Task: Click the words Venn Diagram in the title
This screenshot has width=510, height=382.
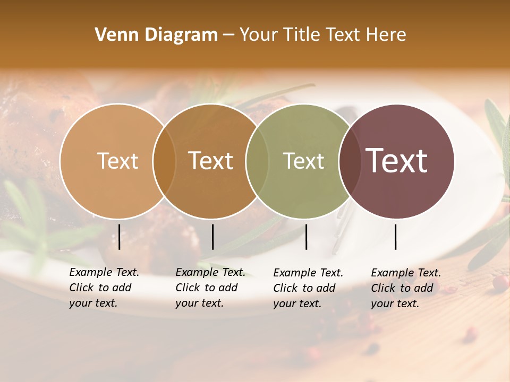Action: [156, 35]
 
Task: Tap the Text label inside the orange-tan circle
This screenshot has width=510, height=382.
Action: [117, 161]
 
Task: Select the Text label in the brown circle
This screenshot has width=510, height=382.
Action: [210, 161]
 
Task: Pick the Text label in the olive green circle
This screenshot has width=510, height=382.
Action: [303, 161]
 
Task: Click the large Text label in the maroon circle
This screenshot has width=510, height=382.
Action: [396, 161]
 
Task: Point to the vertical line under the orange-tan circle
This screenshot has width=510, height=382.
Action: [120, 237]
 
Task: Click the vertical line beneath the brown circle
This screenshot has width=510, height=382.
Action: [212, 237]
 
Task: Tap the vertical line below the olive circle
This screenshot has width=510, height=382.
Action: [307, 237]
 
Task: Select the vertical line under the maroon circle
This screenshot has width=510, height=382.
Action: [396, 237]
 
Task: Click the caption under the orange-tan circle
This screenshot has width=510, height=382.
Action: [104, 288]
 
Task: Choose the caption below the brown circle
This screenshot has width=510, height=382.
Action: [210, 288]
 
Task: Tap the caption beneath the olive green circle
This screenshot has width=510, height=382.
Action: [308, 288]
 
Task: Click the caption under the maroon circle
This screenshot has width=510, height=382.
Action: [406, 288]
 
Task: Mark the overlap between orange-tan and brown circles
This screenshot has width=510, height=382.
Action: [164, 161]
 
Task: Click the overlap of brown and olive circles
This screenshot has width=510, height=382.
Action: [257, 161]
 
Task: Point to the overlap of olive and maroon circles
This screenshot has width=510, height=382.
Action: [349, 161]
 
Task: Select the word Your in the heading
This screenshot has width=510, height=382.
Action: [258, 35]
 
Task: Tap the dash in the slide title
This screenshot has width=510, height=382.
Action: [228, 35]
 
